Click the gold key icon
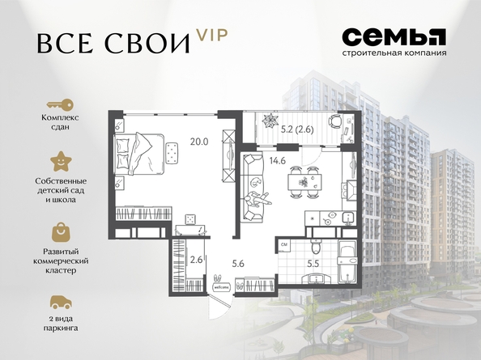coord(60,105)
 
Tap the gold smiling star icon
coord(61,162)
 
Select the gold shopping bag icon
coord(61,232)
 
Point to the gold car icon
coord(61,302)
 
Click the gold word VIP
coord(212,36)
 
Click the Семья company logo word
coord(394,37)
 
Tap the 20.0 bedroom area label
coord(199,142)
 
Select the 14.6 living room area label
coord(278,160)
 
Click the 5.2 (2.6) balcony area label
coord(297,129)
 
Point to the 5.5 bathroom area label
coord(313,264)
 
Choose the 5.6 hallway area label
coord(238,263)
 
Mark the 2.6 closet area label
coord(196,260)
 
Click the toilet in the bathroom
coord(315,246)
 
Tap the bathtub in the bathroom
coord(347,263)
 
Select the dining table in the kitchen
coord(305,182)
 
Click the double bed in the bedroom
coord(139,154)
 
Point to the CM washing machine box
coord(284,245)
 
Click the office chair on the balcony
coord(335,121)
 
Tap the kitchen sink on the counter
coord(348,218)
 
